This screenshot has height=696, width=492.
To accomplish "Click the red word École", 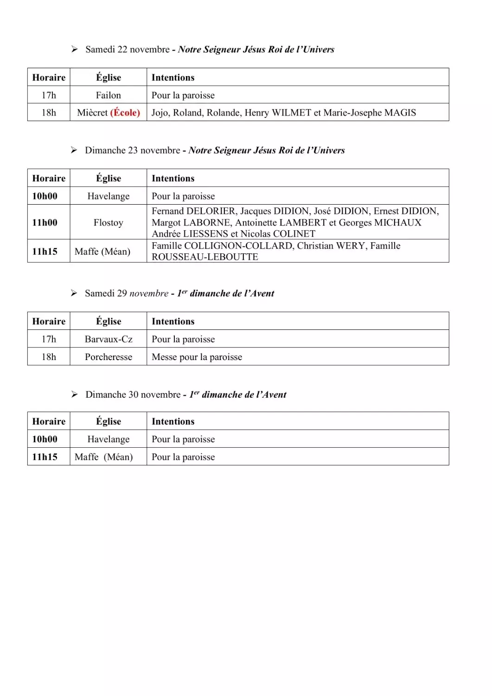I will coord(125,113).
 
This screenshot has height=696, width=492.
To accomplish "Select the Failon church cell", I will coord(109,95).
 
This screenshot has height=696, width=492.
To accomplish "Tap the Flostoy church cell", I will coord(109,223).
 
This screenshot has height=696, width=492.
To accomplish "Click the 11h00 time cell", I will coord(45,223).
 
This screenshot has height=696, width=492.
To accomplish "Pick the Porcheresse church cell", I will coord(109,357).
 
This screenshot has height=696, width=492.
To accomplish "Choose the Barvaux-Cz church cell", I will coord(109,339).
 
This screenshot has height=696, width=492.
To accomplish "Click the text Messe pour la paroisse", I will coord(197,357).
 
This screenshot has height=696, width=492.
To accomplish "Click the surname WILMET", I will coord(291,113).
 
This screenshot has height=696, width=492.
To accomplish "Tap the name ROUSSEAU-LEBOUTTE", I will coord(204,257).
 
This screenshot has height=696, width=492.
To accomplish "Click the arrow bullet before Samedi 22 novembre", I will coord(74,49).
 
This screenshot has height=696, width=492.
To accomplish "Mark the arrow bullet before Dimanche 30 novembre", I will coord(74,394).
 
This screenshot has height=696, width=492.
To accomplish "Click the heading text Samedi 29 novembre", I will coord(127,293).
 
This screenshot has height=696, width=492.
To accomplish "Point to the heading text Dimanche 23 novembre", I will coord(133,150).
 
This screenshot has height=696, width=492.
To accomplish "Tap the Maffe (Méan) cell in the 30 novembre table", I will coord(104,457).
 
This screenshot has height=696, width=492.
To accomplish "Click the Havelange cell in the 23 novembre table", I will coord(109,196).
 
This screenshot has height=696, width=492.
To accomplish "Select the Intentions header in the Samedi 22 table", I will coord(173,77).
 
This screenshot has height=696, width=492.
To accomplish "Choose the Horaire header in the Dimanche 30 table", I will coord(49,421).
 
